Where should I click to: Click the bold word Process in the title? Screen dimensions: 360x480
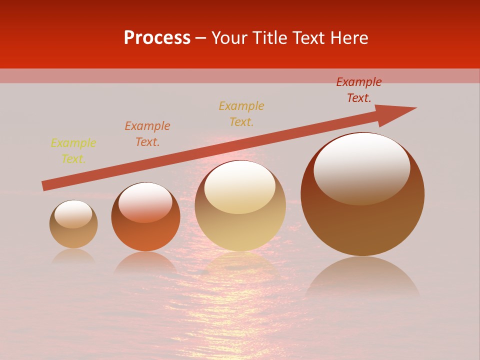pos(157,38)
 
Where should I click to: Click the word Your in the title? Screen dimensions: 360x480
pos(230,38)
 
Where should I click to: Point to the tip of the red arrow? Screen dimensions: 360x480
pos(415,108)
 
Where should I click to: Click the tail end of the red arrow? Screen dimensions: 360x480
pos(44,186)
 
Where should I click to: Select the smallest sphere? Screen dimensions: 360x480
pos(73,224)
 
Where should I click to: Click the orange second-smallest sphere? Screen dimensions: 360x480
pos(145,217)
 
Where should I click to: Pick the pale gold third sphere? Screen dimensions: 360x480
pos(240,205)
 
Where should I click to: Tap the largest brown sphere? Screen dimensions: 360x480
pos(362,194)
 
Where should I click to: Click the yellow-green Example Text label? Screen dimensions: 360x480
pos(73,151)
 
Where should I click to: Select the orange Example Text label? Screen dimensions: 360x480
pos(147,134)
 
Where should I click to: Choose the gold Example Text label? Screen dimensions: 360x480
pos(241,113)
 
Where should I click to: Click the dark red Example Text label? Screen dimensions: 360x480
pos(359,90)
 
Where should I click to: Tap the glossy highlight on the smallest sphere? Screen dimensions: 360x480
pos(73,213)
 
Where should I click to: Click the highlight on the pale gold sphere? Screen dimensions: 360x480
pos(239,186)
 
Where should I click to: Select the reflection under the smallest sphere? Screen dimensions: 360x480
pos(73,256)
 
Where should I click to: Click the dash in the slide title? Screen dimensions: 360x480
pos(201,38)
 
